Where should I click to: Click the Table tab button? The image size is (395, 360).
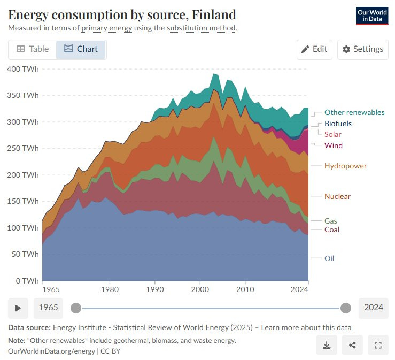click(32, 49)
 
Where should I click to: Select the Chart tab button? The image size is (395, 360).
click(81, 49)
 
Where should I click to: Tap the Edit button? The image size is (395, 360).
click(314, 49)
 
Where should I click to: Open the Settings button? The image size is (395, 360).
click(363, 49)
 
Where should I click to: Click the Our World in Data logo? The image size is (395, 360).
click(371, 16)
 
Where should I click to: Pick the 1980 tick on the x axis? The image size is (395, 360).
click(110, 290)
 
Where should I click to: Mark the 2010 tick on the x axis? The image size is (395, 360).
click(245, 290)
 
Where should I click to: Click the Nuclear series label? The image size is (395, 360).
click(337, 196)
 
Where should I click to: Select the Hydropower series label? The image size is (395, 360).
click(345, 166)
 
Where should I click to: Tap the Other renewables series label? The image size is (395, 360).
click(354, 112)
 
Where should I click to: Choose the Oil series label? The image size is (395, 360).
click(329, 258)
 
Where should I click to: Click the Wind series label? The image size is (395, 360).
click(334, 145)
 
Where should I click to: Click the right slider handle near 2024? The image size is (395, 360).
click(346, 308)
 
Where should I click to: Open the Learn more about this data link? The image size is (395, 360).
click(306, 327)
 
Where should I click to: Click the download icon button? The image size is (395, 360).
click(327, 345)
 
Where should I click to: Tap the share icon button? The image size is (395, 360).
click(352, 345)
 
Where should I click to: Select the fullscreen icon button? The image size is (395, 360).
click(378, 345)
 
